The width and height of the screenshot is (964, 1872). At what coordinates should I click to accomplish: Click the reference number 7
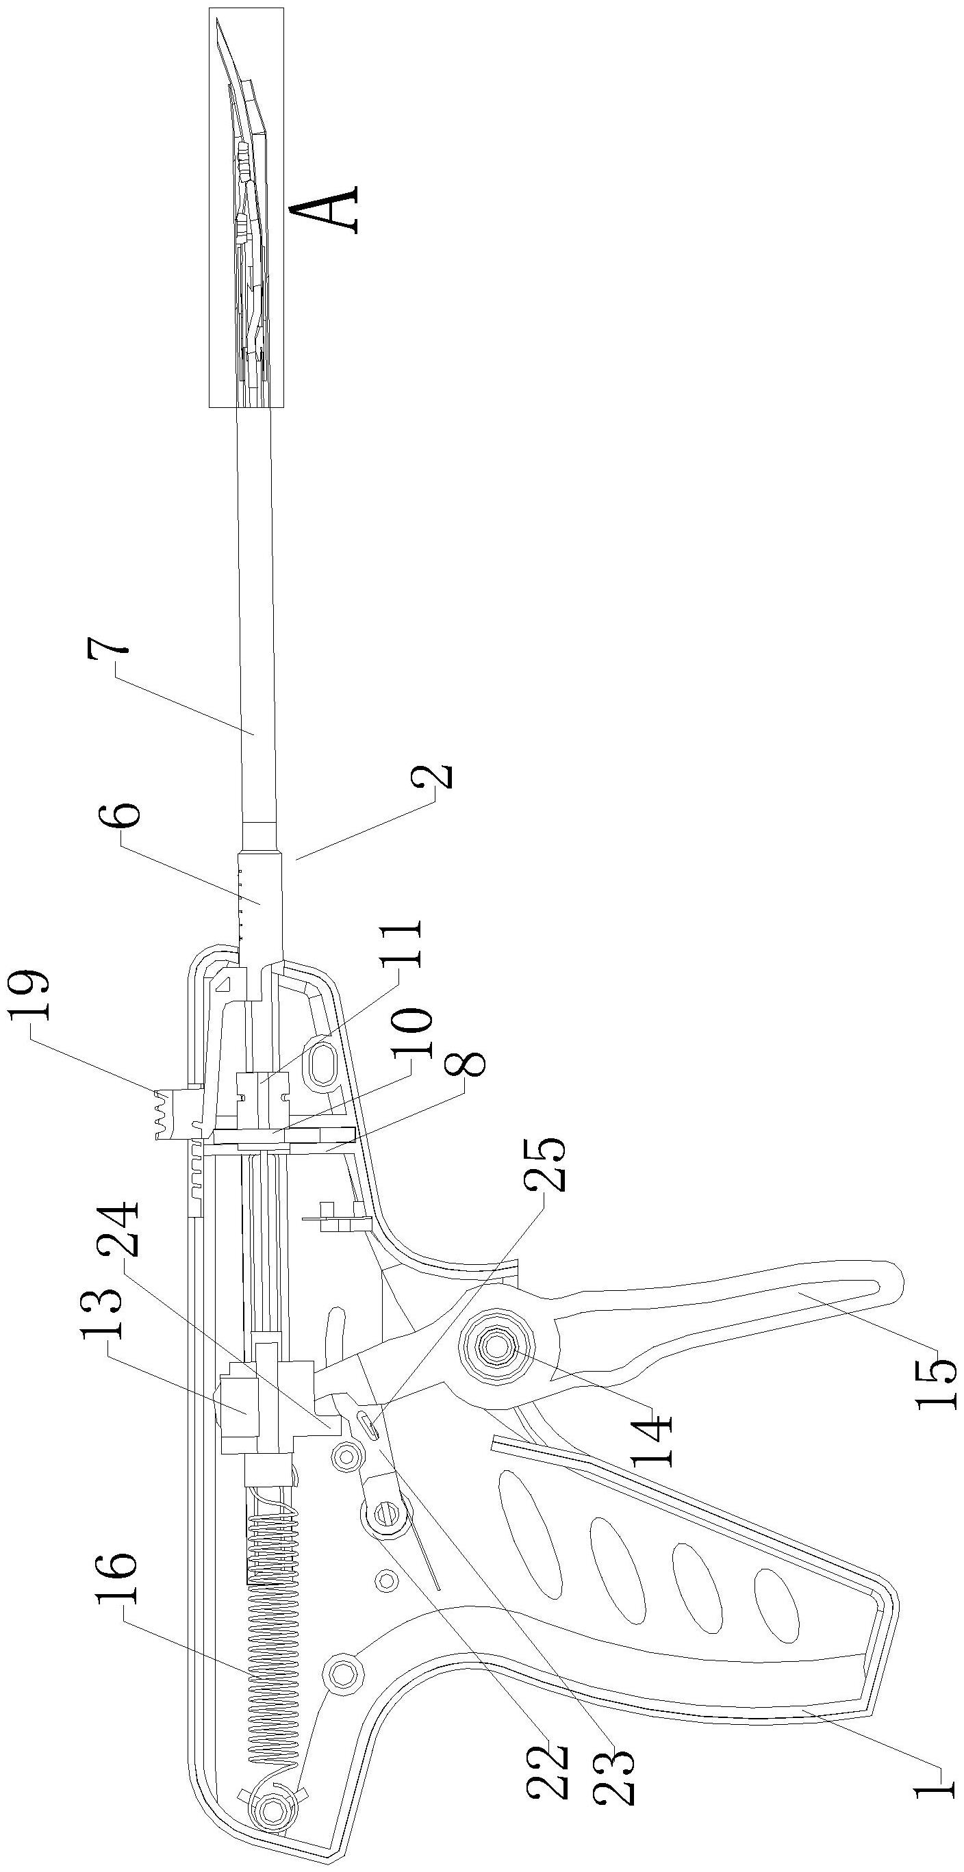point(108,661)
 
